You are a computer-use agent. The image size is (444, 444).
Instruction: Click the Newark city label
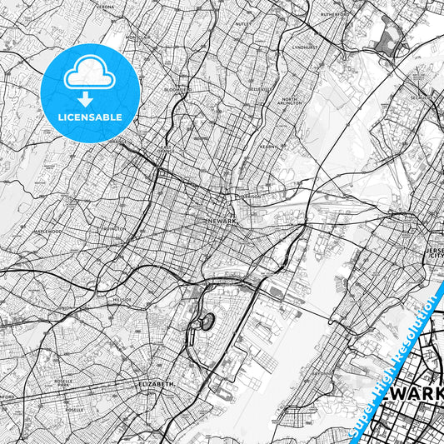coord(222,221)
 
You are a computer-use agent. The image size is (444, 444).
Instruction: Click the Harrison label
coord(249,197)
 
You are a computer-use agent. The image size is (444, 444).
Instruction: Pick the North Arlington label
coord(290,102)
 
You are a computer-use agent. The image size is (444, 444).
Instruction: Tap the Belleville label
coord(262,89)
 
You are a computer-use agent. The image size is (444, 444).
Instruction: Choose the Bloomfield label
coord(177,89)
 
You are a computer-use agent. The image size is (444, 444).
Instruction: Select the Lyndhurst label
coord(306,47)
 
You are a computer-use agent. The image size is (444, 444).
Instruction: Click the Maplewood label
coord(48,232)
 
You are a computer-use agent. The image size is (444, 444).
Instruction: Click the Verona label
coord(107,6)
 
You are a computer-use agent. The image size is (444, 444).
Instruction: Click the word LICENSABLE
coord(90,117)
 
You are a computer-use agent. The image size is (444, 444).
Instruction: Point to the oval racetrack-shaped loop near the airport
coord(205,322)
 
